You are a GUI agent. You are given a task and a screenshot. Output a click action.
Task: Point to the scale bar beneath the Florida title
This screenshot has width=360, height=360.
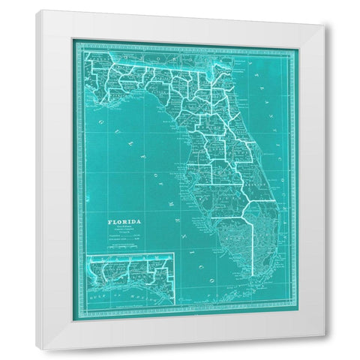tap(124, 240)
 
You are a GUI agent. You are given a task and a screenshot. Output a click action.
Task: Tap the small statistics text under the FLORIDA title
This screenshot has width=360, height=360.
tap(124, 232)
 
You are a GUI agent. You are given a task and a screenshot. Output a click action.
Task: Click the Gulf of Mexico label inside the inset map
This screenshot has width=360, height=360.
tap(120, 296)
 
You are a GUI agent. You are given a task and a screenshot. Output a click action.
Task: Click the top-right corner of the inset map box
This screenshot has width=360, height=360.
tap(175, 255)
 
